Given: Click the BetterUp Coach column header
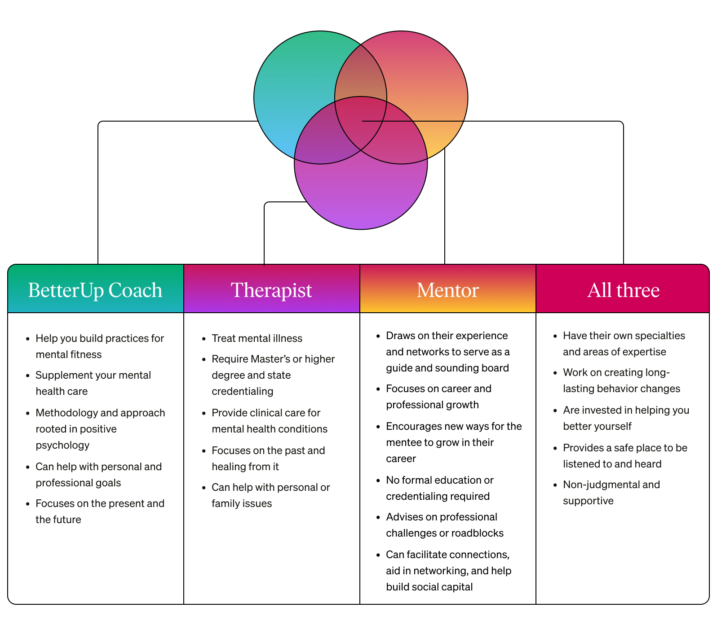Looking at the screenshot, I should click(95, 290).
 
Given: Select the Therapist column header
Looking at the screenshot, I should click(271, 290).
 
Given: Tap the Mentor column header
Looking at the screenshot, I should click(447, 290).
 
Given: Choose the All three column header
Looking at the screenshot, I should click(623, 290).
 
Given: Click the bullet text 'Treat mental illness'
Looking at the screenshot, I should click(257, 338).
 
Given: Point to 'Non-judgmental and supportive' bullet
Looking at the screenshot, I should click(611, 493).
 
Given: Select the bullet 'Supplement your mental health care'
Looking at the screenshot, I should click(93, 383).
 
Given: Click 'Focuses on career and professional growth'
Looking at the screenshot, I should click(438, 397).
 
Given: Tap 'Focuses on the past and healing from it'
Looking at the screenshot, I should click(268, 459).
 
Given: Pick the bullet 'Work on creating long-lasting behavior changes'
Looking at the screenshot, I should click(621, 380).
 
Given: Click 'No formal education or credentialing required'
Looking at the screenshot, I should click(439, 488).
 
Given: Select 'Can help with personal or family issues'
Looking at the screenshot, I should click(270, 495).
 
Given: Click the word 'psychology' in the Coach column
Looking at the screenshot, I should click(62, 445).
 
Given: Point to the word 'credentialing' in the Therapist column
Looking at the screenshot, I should click(242, 391).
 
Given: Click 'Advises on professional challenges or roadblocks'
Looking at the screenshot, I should click(444, 525).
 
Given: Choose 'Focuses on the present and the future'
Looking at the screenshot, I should click(100, 511).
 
